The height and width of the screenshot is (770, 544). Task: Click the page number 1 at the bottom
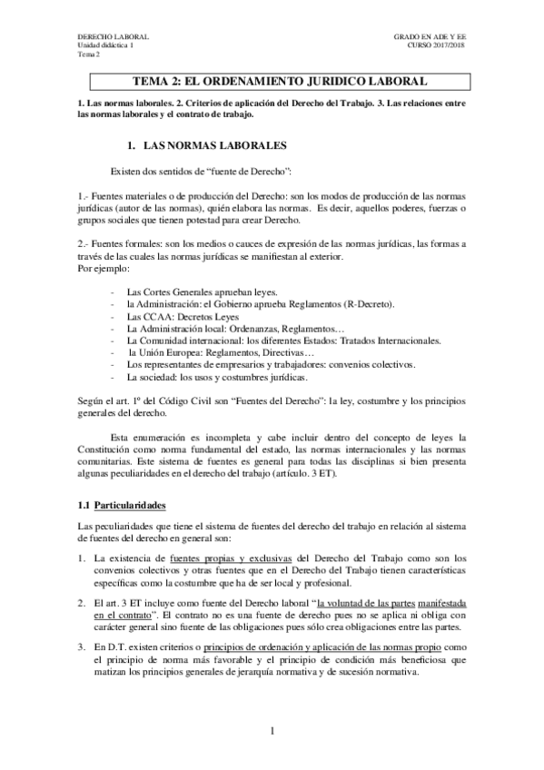[272, 731]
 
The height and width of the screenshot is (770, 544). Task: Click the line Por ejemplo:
[104, 270]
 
